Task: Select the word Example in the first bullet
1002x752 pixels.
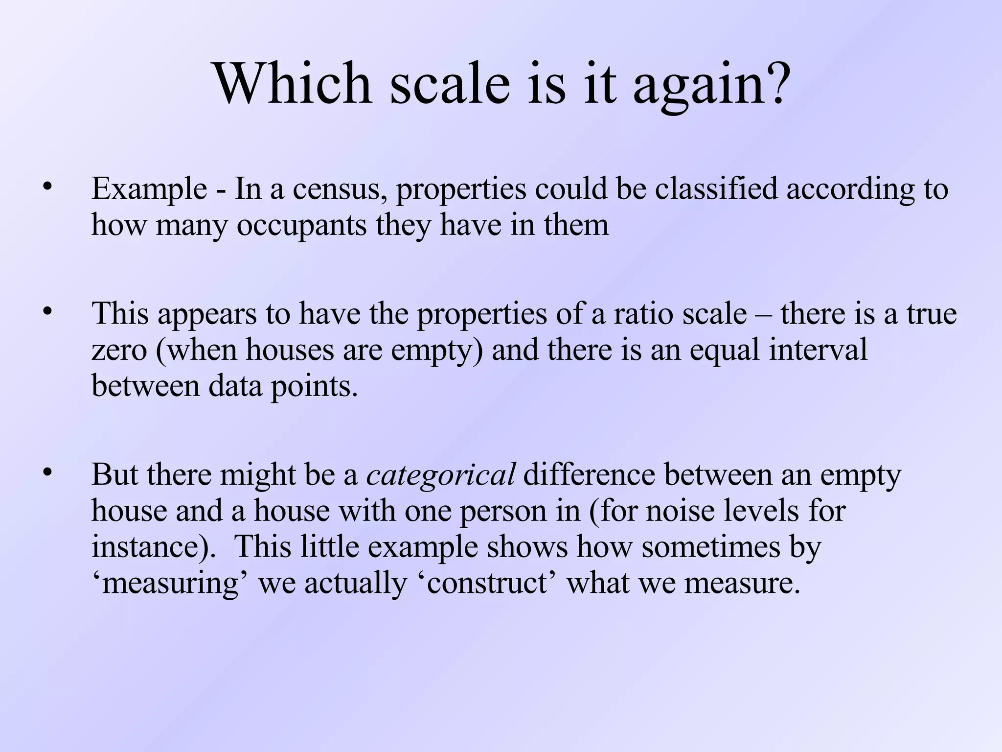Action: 149,189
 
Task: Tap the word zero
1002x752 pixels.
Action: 119,351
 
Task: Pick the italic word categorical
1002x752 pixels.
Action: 440,475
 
